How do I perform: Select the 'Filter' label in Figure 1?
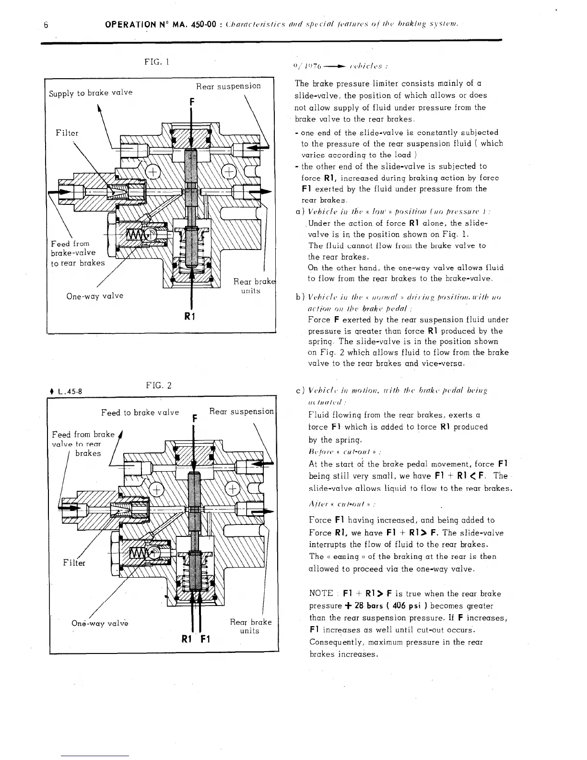67,132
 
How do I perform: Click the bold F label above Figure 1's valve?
191,102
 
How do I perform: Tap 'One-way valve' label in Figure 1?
94,296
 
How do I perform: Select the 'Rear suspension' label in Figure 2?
241,411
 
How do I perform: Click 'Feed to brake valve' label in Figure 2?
140,412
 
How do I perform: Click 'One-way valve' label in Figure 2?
99,623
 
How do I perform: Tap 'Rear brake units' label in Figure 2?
250,626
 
